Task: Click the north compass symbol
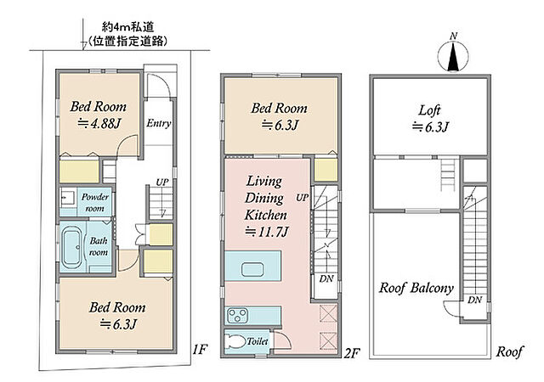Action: (x=453, y=55)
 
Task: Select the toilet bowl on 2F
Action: (x=234, y=342)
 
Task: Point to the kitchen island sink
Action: (x=252, y=269)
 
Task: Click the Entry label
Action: (x=159, y=123)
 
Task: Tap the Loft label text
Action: (x=429, y=110)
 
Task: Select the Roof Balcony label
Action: (x=416, y=288)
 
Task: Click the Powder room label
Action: (x=94, y=202)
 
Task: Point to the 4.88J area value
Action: (x=99, y=124)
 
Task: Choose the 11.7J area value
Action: (x=266, y=232)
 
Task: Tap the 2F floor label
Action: (x=352, y=353)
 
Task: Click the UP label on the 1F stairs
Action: (x=162, y=182)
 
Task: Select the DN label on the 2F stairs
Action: (x=326, y=278)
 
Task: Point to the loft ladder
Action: (x=448, y=175)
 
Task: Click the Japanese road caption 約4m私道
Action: (x=128, y=26)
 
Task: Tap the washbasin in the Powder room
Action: (x=67, y=198)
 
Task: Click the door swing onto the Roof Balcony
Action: (x=451, y=308)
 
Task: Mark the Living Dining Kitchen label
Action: (x=265, y=198)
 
